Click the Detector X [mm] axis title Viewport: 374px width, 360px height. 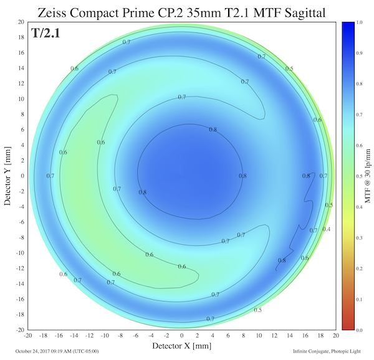(x=182, y=345)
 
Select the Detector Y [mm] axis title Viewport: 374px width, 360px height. (x=7, y=176)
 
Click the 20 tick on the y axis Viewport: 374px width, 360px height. (x=20, y=21)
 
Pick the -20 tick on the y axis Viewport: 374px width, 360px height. (x=19, y=329)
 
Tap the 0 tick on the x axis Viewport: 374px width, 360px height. (x=182, y=336)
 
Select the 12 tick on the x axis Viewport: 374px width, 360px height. (x=274, y=336)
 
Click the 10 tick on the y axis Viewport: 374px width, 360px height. (x=20, y=98)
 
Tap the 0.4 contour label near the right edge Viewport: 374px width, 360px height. (x=326, y=229)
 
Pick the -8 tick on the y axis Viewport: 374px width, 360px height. (x=20, y=237)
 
